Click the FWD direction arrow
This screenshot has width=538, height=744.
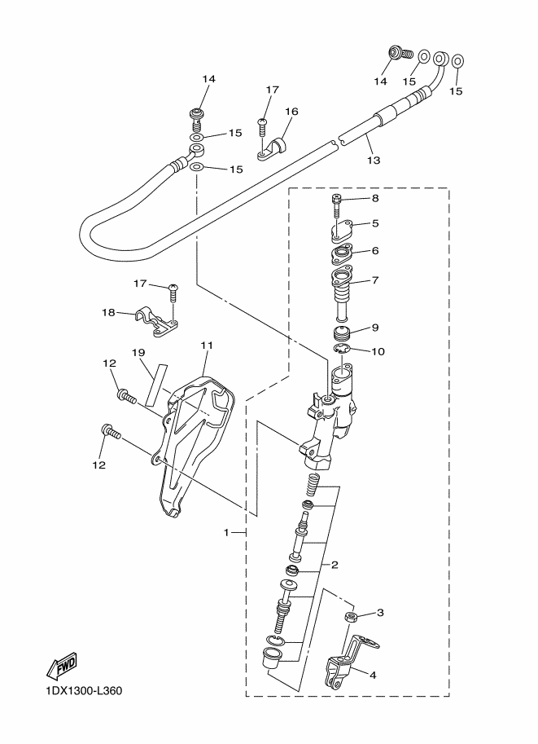(x=62, y=666)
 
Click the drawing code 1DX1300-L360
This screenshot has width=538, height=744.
(x=85, y=690)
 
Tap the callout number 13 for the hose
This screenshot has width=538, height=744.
(x=374, y=160)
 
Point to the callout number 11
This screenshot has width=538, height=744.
(x=207, y=345)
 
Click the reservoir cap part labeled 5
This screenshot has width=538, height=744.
(x=338, y=231)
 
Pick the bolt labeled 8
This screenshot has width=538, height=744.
(x=336, y=206)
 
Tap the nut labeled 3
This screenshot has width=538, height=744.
(x=352, y=618)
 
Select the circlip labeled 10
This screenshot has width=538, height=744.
(x=341, y=350)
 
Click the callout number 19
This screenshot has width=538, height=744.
(x=138, y=353)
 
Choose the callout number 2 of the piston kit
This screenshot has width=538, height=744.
(x=335, y=565)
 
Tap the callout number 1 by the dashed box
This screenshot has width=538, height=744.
(x=226, y=532)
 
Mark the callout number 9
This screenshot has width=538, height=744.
(x=375, y=328)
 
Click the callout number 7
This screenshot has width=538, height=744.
(x=375, y=280)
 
